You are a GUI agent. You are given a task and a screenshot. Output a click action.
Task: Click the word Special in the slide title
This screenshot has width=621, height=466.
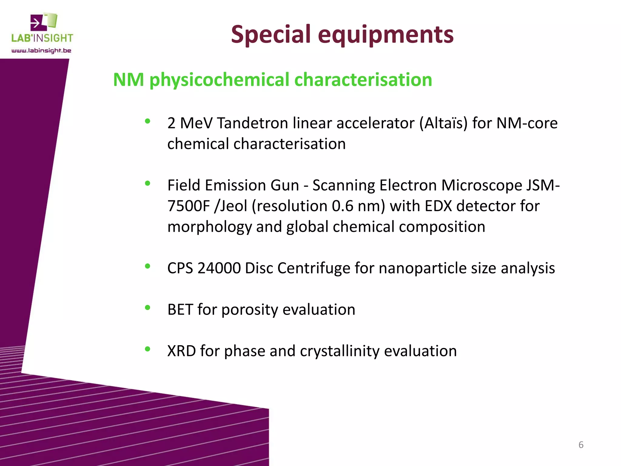click(271, 34)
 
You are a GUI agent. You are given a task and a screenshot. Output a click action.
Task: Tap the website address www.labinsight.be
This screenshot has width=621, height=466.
click(41, 51)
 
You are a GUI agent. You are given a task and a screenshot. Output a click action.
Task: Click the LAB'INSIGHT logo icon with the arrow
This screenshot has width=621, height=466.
click(44, 22)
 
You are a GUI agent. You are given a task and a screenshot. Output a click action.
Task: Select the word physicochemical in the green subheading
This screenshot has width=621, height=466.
click(220, 80)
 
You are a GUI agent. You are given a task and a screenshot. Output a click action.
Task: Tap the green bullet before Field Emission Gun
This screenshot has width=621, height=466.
click(148, 183)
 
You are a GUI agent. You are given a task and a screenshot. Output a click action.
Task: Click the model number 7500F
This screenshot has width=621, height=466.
click(189, 206)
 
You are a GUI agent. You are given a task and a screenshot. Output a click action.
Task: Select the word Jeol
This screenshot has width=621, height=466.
click(234, 206)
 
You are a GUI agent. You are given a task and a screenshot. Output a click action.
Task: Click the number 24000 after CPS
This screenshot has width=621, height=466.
click(219, 268)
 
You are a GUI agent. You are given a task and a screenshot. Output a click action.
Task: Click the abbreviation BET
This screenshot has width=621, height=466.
click(180, 310)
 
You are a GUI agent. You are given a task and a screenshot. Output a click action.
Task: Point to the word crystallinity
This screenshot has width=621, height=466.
click(340, 351)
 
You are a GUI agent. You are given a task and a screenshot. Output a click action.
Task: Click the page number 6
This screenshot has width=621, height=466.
click(581, 445)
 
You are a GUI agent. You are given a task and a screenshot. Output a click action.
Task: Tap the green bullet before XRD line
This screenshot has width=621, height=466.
click(148, 349)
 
